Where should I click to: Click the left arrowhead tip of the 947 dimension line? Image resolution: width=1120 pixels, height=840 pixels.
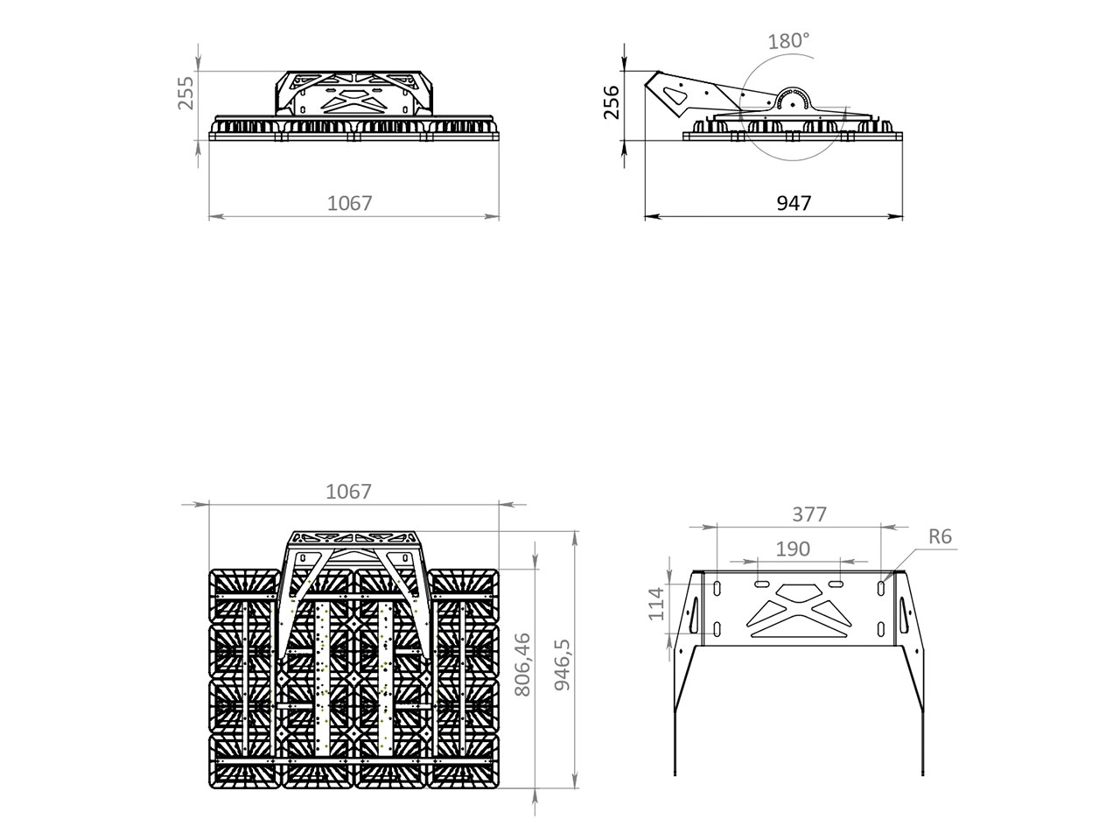pyautogui.click(x=645, y=217)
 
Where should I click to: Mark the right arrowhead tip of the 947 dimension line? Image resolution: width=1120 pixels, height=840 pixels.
pyautogui.click(x=902, y=217)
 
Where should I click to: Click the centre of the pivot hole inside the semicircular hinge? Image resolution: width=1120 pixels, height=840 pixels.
pyautogui.click(x=793, y=104)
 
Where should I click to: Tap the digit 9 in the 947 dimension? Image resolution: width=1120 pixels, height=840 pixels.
pyautogui.click(x=782, y=203)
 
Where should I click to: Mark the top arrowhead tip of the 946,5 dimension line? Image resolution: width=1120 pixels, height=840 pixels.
pyautogui.click(x=576, y=531)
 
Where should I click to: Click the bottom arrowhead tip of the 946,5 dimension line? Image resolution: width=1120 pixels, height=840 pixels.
pyautogui.click(x=576, y=788)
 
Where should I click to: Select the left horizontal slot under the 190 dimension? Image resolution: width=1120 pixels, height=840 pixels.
pyautogui.click(x=762, y=584)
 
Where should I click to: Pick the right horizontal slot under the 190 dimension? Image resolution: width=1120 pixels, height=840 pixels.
pyautogui.click(x=836, y=584)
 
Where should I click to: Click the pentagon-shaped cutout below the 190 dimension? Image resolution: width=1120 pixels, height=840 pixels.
pyautogui.click(x=799, y=591)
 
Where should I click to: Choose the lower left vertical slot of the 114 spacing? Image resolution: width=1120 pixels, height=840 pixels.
pyautogui.click(x=717, y=629)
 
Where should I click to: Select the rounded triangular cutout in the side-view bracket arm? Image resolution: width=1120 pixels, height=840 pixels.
pyautogui.click(x=676, y=95)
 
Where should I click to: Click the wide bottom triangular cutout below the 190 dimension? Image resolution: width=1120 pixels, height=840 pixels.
pyautogui.click(x=799, y=630)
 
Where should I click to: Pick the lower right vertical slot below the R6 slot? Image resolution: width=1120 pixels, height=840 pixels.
pyautogui.click(x=881, y=629)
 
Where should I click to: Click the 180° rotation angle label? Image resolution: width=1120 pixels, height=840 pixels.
pyautogui.click(x=789, y=41)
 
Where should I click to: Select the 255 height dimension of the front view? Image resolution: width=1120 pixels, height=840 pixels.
pyautogui.click(x=185, y=93)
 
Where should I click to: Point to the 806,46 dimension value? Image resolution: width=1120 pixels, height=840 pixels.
pyautogui.click(x=522, y=664)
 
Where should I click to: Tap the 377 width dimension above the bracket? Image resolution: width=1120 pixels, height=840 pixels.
pyautogui.click(x=809, y=514)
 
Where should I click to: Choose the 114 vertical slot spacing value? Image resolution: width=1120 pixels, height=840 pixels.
pyautogui.click(x=656, y=605)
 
